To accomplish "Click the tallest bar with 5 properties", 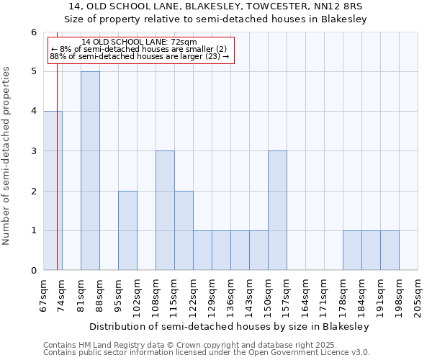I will click(x=90, y=171).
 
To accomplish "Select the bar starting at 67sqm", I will click(x=53, y=191).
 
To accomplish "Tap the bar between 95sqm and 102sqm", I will click(x=127, y=230).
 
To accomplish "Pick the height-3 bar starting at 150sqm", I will click(x=277, y=210).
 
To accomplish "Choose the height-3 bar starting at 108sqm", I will click(x=165, y=210).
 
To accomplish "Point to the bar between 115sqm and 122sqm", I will click(x=184, y=230).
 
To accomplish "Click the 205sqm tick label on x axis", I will click(x=418, y=295).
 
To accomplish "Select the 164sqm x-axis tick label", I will click(x=306, y=295).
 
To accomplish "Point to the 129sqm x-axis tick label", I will click(x=212, y=295).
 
